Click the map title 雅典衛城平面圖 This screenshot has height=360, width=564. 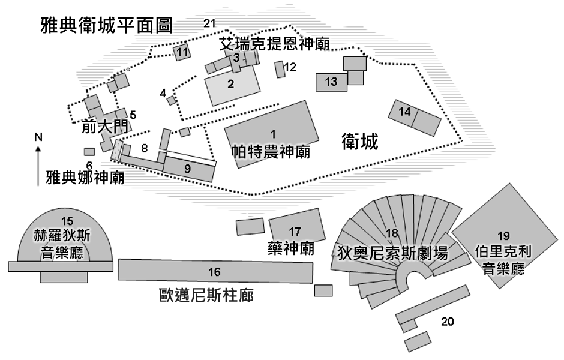point(106,25)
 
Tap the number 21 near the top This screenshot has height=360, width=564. point(209,23)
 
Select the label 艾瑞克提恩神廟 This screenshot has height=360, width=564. point(275,44)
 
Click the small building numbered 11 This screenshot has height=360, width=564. point(182,53)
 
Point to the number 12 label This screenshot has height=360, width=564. point(290,67)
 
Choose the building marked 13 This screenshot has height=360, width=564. point(332,82)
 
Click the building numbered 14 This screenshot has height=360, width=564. point(415,118)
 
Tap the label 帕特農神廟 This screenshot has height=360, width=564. point(271,152)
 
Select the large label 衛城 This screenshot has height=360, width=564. point(359,141)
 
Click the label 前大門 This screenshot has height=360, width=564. point(104,126)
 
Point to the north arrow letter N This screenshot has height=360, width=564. point(38,137)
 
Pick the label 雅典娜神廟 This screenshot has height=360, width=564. point(85,178)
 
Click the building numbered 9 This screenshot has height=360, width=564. point(188,169)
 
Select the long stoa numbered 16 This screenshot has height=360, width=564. point(215,271)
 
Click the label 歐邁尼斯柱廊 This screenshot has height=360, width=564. point(206,296)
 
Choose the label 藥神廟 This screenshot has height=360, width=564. point(291,248)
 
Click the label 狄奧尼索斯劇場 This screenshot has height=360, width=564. point(392,253)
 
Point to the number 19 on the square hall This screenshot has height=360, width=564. point(503,236)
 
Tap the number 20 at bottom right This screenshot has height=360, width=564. point(448,322)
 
